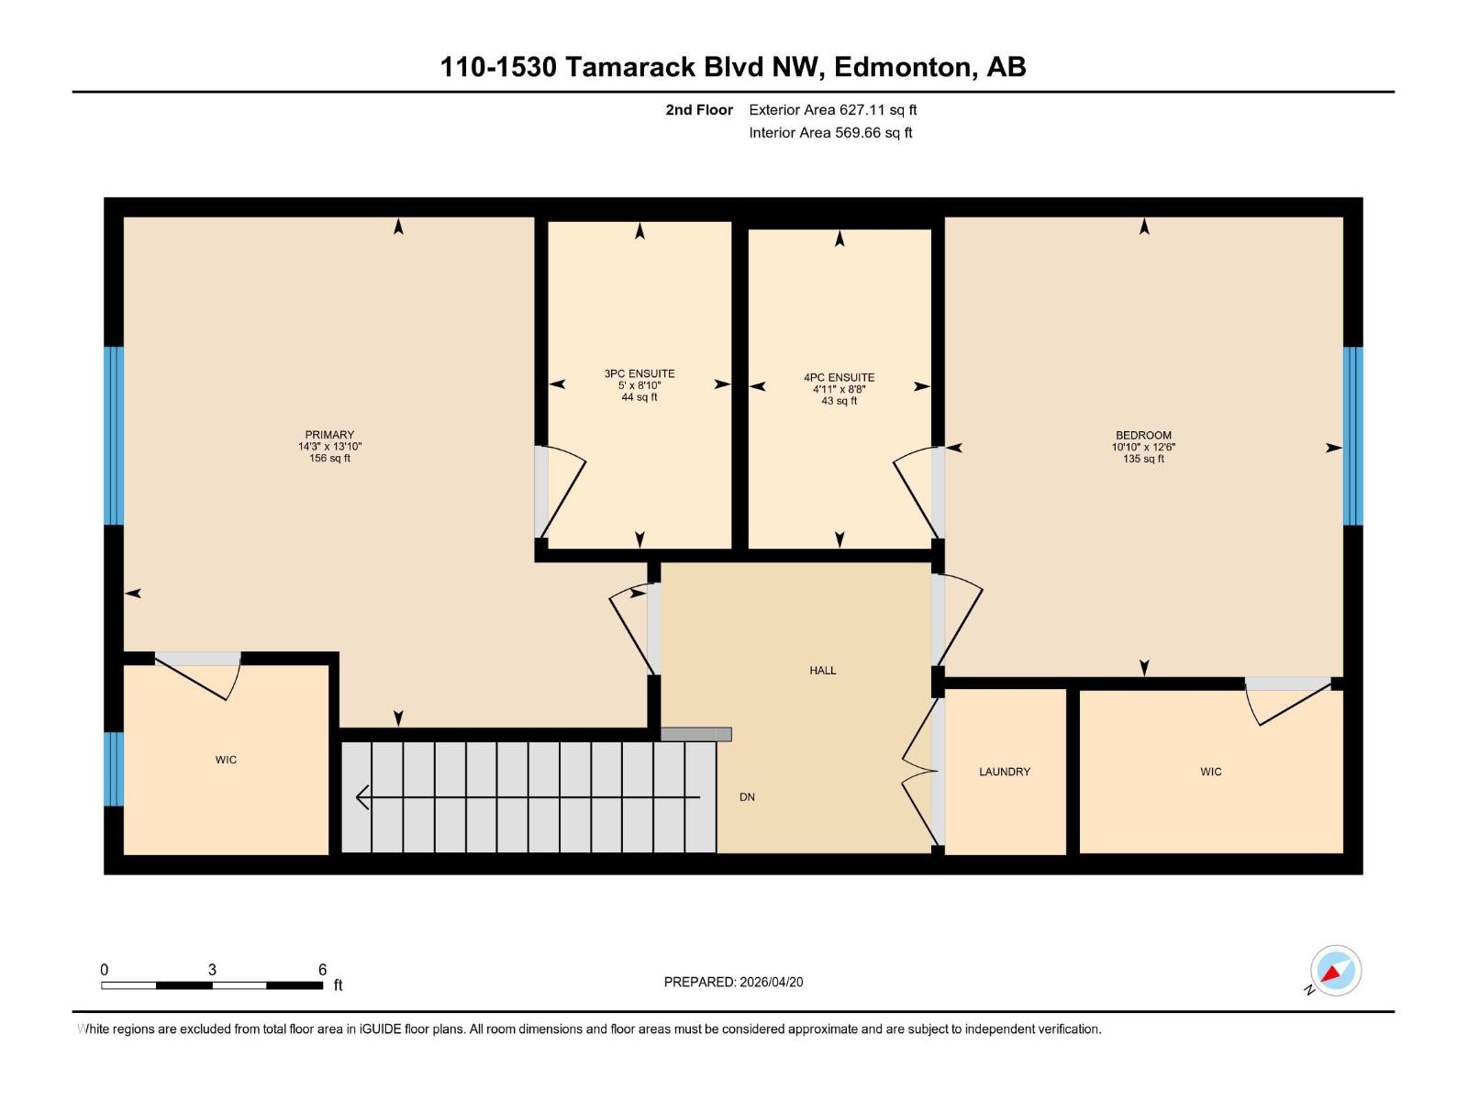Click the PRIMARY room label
329,435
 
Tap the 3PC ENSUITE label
639,373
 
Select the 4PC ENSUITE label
839,377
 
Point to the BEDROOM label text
1143,435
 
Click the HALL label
822,671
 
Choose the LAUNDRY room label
1005,772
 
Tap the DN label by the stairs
747,797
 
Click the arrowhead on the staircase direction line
362,797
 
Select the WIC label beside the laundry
1210,772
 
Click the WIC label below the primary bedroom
226,760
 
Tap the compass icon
1335,971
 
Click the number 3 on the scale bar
212,970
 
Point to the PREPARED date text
733,982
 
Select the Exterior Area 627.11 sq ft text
832,110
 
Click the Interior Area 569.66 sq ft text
830,133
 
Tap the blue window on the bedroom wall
1352,436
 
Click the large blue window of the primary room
114,436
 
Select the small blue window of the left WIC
114,769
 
